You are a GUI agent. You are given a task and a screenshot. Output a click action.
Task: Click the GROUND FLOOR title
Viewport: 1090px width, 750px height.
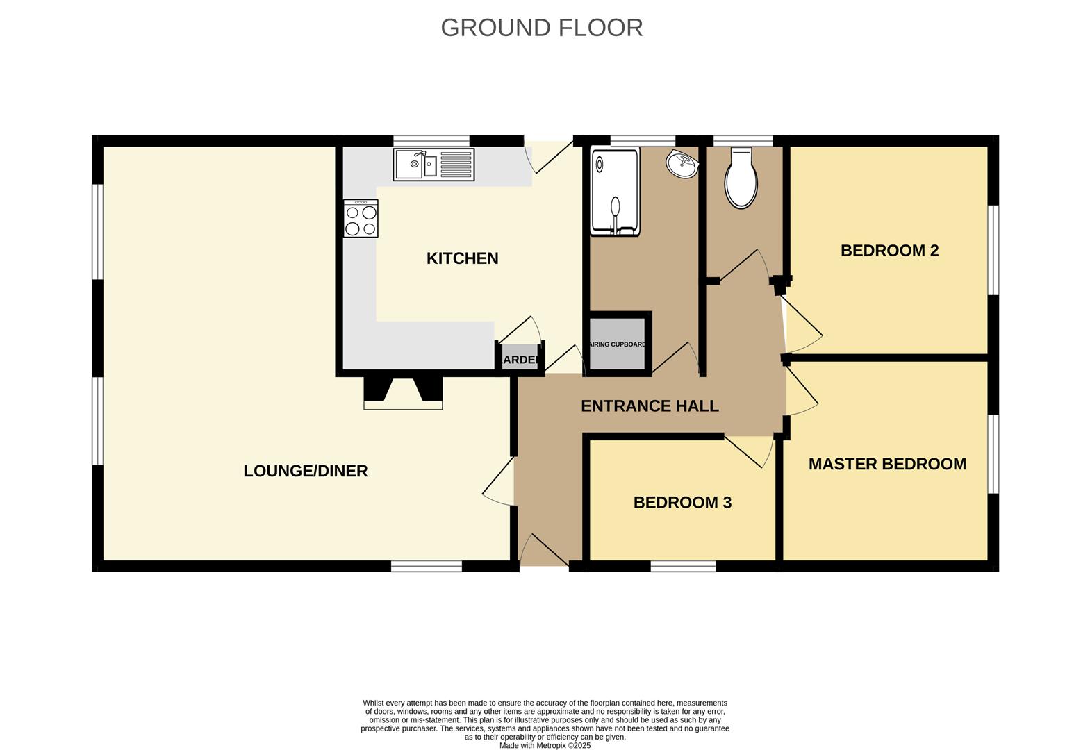tap(541, 28)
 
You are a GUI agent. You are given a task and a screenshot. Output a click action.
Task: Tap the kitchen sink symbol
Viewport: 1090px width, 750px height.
tap(433, 165)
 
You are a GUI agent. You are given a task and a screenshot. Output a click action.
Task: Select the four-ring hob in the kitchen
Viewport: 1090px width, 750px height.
tap(361, 218)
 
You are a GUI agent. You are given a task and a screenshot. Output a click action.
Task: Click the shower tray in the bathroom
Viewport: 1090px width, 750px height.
tap(614, 192)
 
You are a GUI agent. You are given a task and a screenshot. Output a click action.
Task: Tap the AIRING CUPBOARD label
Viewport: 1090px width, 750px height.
tap(618, 344)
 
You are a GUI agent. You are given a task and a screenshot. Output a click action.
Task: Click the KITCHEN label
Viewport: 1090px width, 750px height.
tap(462, 258)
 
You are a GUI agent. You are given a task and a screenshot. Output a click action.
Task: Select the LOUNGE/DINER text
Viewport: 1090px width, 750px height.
tap(305, 471)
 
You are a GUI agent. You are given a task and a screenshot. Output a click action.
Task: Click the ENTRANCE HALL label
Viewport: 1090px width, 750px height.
tap(650, 406)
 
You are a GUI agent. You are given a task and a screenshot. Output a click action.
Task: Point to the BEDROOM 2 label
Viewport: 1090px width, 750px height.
tap(889, 251)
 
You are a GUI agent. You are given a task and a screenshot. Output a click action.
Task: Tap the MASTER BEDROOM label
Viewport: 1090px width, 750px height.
tap(887, 464)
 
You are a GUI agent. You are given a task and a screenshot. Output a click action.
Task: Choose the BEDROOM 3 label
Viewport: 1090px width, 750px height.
tap(682, 502)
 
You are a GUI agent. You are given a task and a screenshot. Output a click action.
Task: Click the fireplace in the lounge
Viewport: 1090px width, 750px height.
tap(403, 392)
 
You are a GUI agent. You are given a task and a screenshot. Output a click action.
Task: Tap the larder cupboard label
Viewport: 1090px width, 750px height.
tap(520, 359)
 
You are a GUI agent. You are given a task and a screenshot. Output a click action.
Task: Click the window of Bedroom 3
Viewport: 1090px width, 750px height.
tap(683, 566)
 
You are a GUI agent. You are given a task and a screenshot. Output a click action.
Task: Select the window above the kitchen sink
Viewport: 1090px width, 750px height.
tap(431, 141)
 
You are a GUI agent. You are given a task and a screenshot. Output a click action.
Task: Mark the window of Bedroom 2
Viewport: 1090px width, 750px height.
tap(993, 250)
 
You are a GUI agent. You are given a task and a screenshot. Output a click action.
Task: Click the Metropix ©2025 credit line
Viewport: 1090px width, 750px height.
tap(545, 745)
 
